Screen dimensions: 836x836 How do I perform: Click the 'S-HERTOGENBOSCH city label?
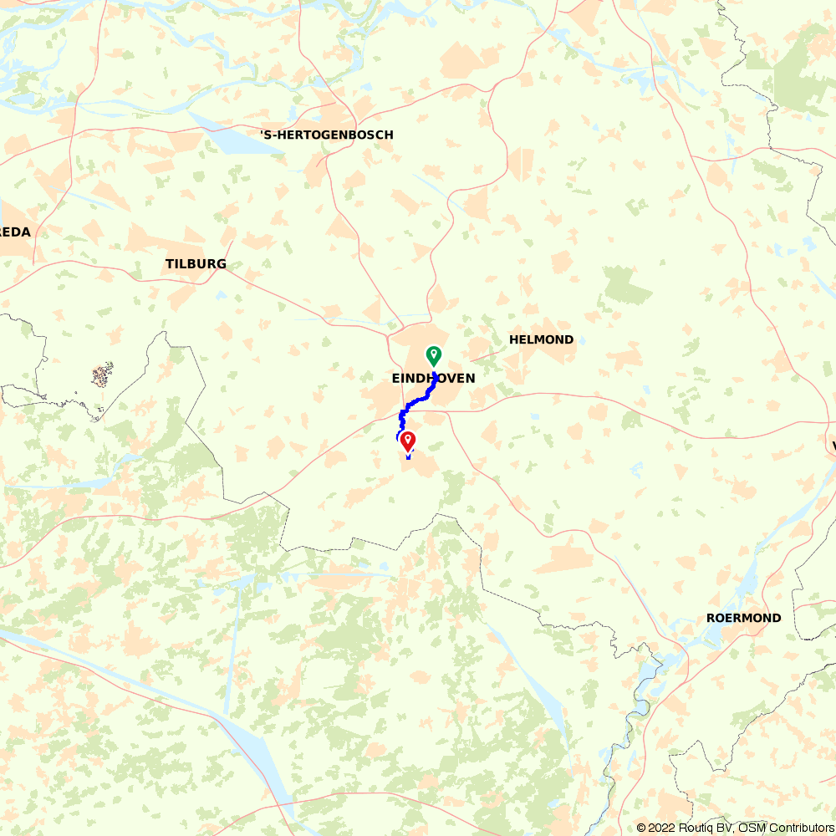point(326,135)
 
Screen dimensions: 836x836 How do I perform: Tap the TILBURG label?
point(196,264)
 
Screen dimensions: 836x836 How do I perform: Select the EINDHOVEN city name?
point(433,379)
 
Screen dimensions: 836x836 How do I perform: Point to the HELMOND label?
point(542,339)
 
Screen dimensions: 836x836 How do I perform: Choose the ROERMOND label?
point(743,618)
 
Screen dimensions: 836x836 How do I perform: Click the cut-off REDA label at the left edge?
point(15,232)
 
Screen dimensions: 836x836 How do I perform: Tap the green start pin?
point(434,355)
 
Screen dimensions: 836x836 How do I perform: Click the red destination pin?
point(408,441)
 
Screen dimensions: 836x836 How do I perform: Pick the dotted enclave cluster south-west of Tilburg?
point(102,375)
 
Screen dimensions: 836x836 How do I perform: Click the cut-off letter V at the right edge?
point(833,446)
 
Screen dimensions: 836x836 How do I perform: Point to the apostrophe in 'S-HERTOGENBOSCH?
point(262,132)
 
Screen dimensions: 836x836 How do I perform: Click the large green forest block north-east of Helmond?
point(627,285)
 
